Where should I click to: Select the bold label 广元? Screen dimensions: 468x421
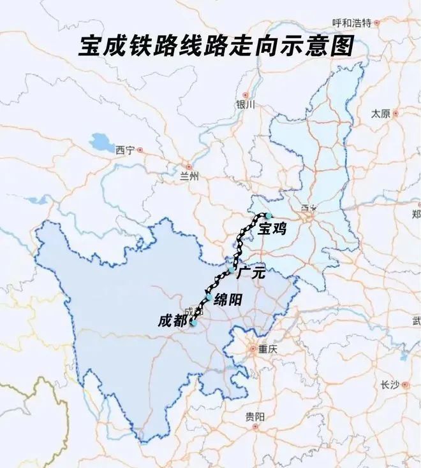(250, 274)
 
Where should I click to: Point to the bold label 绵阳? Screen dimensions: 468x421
(228, 300)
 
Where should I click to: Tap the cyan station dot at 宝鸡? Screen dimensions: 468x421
(269, 216)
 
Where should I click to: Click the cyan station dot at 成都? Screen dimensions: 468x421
(193, 323)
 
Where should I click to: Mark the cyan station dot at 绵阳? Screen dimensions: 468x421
(208, 297)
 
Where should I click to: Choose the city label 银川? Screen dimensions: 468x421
(244, 104)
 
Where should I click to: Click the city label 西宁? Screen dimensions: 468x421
(125, 150)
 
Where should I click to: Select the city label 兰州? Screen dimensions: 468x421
(189, 176)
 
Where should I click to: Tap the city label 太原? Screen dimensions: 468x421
(380, 113)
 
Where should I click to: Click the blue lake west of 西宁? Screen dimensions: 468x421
(101, 141)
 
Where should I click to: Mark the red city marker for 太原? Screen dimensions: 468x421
(395, 113)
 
